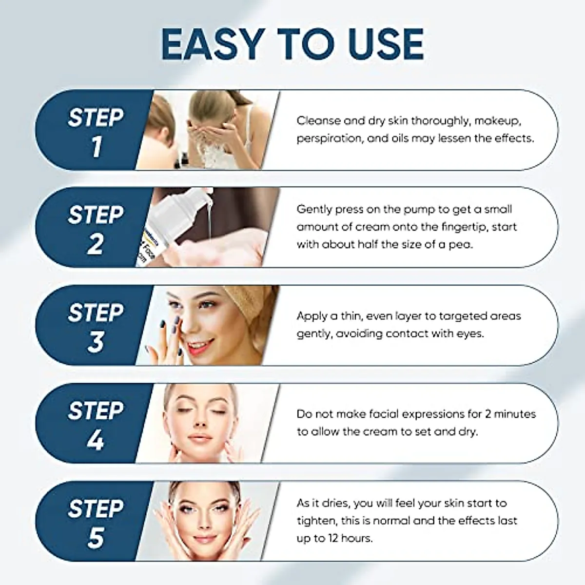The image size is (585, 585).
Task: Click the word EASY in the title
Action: [x=211, y=45]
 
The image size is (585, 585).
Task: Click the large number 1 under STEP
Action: [x=96, y=147]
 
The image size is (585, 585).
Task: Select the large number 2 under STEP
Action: [x=96, y=244]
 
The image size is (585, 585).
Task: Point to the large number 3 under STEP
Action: [x=96, y=342]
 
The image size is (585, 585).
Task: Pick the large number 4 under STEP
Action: [x=96, y=440]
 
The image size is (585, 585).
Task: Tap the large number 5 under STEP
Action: [x=96, y=537]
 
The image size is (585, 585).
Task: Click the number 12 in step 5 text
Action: [x=331, y=539]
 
